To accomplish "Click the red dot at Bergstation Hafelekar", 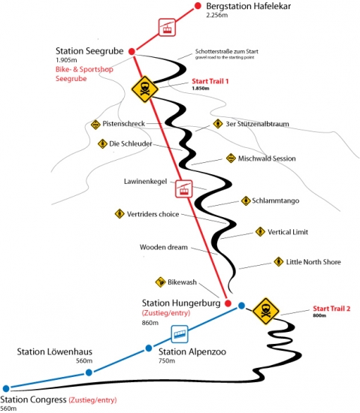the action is [x=198, y=5].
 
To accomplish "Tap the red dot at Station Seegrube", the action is [x=132, y=51].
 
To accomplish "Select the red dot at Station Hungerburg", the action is [x=228, y=303].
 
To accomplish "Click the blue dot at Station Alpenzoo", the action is [x=149, y=348].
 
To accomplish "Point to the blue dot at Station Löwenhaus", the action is [x=89, y=372].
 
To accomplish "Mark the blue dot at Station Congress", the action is [x=6, y=388].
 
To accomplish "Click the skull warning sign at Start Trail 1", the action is [x=145, y=89].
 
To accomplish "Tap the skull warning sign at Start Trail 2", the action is [x=265, y=311].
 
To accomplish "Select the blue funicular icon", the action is [x=180, y=334].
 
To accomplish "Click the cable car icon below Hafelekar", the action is [x=167, y=27].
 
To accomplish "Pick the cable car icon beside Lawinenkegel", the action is [x=183, y=188].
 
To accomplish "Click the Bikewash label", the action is [x=182, y=282].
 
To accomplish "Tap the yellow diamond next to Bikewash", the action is [x=160, y=282].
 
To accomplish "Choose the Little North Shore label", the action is [x=313, y=262].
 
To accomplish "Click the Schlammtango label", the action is [x=276, y=200].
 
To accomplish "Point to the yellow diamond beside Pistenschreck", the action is [x=95, y=125].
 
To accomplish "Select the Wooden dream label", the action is [x=164, y=247].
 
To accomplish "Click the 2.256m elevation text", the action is [x=217, y=15].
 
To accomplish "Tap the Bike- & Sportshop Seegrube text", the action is [x=84, y=74].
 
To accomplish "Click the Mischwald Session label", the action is [x=267, y=158].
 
